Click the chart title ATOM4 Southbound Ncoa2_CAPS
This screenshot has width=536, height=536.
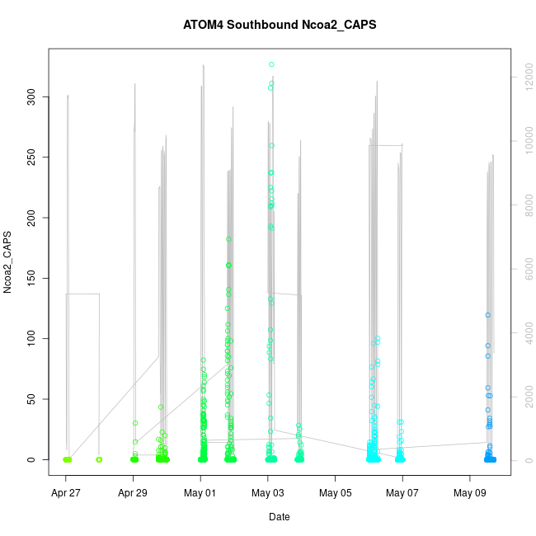pos(280,25)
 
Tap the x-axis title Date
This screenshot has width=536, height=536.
pos(280,517)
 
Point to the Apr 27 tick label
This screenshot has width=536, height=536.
pos(65,493)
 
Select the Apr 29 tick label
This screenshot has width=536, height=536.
pos(133,493)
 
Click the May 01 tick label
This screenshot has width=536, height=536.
pos(200,493)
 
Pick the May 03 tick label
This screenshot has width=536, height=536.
pos(268,493)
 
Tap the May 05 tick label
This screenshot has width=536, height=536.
pos(336,493)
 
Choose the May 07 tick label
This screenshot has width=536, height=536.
pos(402,493)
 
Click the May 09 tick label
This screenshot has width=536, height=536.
pos(470,493)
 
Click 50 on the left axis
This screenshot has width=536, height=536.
pos(33,399)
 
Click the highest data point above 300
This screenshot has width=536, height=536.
pos(271,64)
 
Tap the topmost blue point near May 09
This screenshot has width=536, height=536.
pos(488,315)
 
